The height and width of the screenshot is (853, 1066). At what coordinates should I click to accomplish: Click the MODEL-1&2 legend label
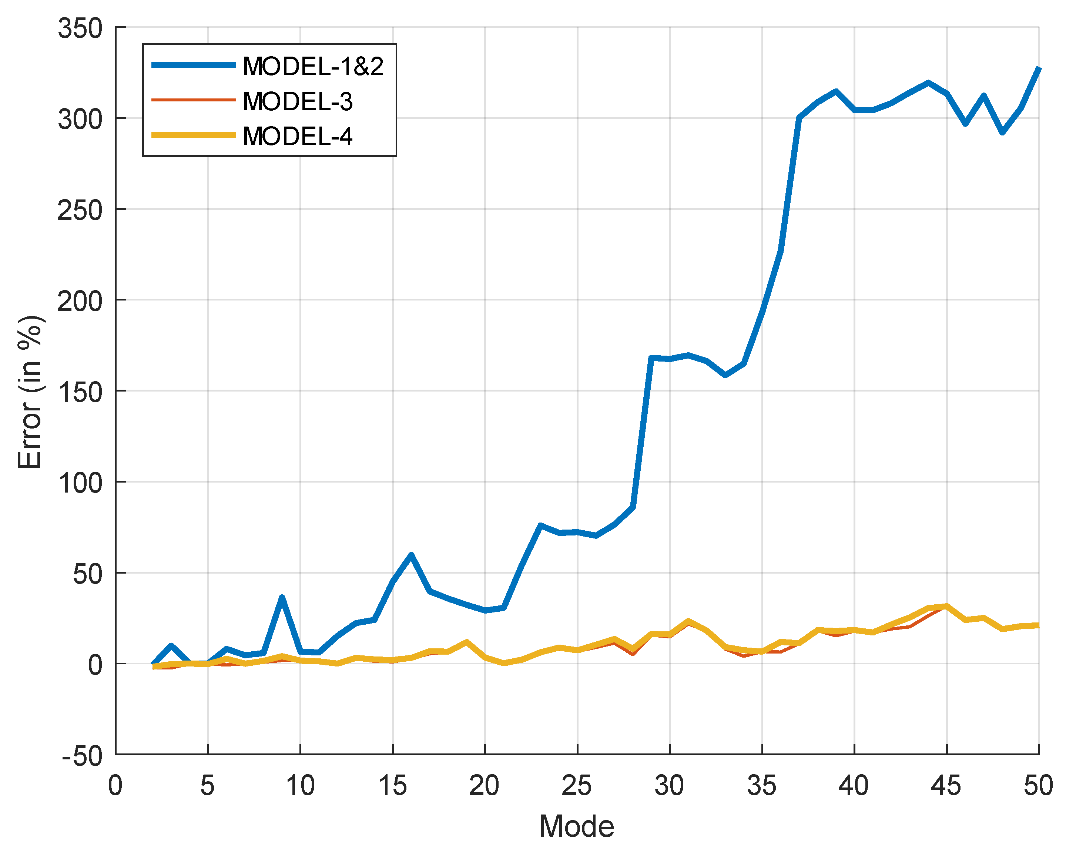point(313,66)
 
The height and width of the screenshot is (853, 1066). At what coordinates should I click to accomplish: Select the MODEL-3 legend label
point(298,101)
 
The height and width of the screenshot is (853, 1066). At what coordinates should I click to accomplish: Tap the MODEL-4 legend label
point(298,137)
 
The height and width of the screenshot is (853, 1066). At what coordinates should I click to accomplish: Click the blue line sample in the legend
point(193,65)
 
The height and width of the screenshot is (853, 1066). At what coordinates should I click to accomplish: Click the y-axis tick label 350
point(80,28)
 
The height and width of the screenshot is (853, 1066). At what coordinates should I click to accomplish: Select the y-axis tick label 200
point(80,301)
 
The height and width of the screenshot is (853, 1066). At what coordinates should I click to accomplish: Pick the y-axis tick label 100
point(80,483)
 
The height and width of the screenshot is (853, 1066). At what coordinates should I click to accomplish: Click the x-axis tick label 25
point(577,785)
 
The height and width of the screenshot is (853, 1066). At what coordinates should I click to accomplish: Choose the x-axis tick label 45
point(946,785)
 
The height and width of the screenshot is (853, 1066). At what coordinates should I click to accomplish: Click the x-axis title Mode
point(577,826)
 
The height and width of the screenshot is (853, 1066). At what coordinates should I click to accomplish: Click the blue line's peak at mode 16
point(411,555)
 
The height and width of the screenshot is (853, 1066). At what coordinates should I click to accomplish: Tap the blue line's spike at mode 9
point(282,598)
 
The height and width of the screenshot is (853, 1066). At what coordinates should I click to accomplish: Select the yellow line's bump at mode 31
point(688,621)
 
